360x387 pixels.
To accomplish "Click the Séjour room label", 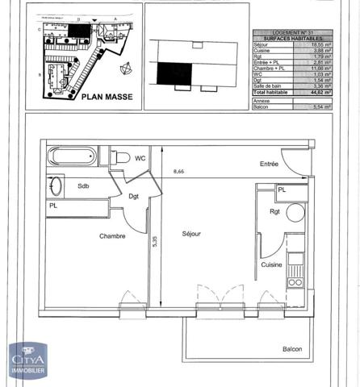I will point(191,234).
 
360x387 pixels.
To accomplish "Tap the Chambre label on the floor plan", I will point(112,236).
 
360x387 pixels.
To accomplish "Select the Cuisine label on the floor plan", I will point(271,264).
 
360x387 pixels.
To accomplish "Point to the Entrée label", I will point(269,164).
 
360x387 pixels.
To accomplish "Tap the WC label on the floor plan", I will point(140,157).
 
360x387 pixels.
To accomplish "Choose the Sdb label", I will point(83,185).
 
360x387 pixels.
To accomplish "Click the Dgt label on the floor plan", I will point(134,198).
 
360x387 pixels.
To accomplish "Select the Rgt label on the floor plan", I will point(274,213).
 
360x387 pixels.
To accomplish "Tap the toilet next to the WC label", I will point(119,157).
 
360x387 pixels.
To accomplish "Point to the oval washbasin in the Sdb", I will point(56,186).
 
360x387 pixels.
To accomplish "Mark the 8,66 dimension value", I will point(179,172).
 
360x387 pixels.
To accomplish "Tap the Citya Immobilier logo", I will point(27,360).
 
